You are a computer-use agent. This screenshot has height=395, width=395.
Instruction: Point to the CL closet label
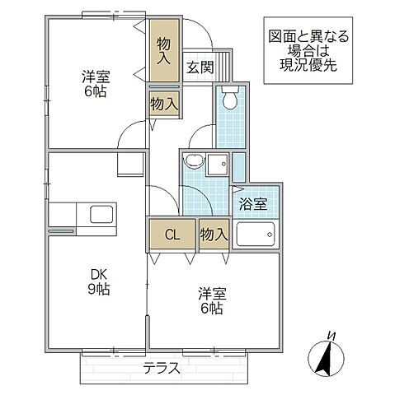pos(172,235)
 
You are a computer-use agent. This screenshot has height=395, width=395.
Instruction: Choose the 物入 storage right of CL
pos(214,235)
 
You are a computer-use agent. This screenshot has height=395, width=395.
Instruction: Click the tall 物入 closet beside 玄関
pos(164,51)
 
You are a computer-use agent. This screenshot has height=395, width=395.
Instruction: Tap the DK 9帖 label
pos(100,281)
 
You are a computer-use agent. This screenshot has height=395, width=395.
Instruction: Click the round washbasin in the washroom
pos(194,162)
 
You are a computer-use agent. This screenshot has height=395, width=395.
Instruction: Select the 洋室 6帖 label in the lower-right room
pos(211,300)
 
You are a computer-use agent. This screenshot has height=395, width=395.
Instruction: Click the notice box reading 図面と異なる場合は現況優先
pos(308,53)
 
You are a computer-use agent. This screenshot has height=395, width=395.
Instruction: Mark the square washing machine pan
pos(218,164)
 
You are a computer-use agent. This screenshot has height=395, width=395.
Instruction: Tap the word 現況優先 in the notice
pos(308,67)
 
